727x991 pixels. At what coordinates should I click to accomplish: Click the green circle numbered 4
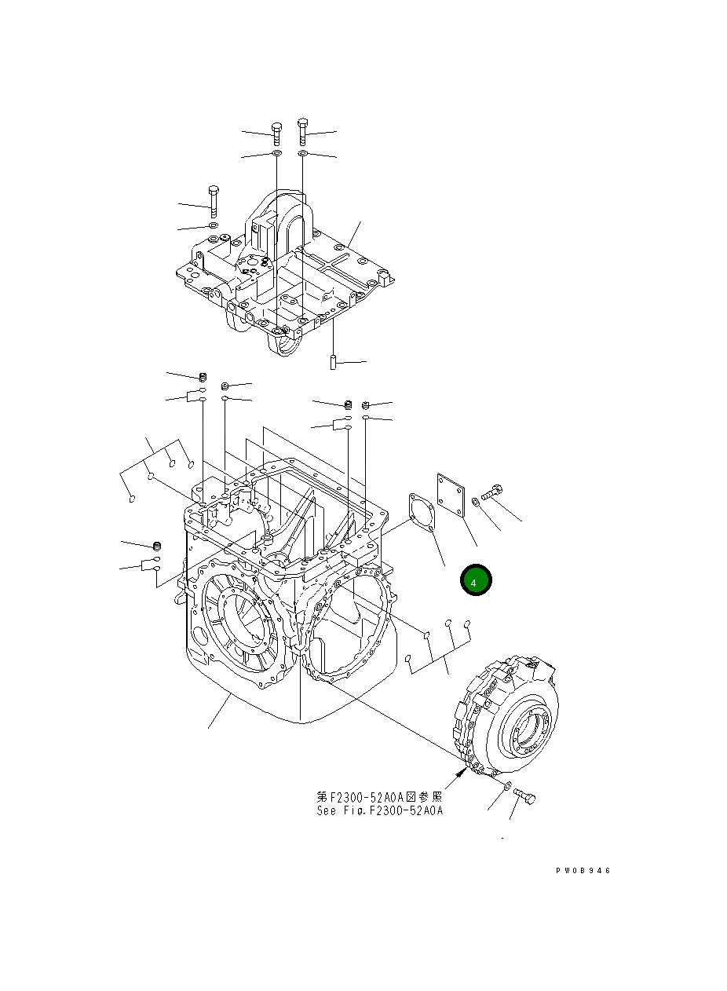[475, 581]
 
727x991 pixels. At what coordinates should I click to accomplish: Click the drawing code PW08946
[583, 871]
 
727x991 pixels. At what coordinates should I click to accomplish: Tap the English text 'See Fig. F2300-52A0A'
[380, 810]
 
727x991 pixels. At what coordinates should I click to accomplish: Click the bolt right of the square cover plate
[491, 493]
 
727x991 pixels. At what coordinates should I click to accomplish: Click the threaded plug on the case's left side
[155, 546]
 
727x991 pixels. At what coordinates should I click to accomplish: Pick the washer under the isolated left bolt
[212, 226]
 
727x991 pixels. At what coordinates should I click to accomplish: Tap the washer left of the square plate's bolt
[476, 503]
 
